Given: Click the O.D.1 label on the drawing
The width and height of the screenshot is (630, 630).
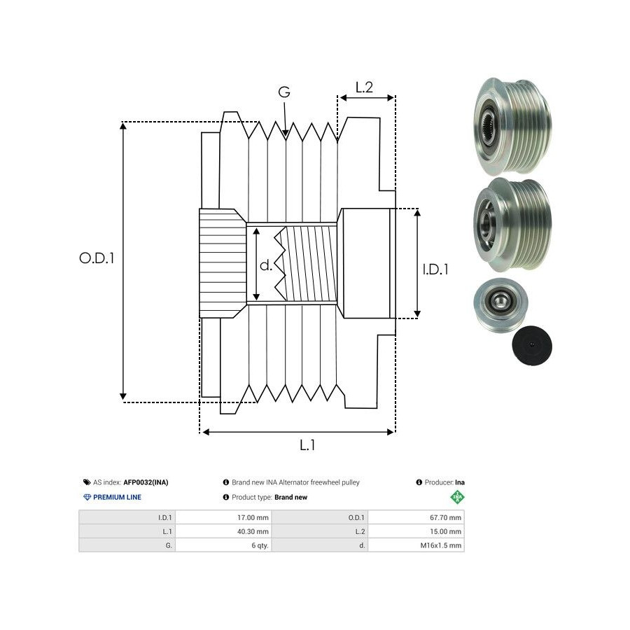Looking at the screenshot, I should pyautogui.click(x=97, y=258).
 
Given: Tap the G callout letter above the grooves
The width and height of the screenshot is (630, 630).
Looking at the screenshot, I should pyautogui.click(x=284, y=92).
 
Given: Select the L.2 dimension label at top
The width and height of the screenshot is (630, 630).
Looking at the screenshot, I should pyautogui.click(x=364, y=88).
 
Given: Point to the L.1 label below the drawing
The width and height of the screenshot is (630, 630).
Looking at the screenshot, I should pyautogui.click(x=307, y=444).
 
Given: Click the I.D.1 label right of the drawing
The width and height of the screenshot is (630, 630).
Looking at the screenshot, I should pyautogui.click(x=435, y=269).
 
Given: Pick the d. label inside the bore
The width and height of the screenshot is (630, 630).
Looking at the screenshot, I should pyautogui.click(x=266, y=265).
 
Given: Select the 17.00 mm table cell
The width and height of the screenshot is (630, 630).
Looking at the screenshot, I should pyautogui.click(x=253, y=518).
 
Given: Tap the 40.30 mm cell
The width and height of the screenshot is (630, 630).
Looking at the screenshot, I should pyautogui.click(x=253, y=531).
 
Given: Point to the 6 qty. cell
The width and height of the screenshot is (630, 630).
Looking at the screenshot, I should pyautogui.click(x=260, y=545).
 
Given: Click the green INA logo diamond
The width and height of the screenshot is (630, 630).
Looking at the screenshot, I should pyautogui.click(x=458, y=498).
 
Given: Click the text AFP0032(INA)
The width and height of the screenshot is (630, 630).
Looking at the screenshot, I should pyautogui.click(x=146, y=482).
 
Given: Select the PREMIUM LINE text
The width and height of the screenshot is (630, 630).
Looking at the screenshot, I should pyautogui.click(x=117, y=497).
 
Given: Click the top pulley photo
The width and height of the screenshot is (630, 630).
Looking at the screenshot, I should pyautogui.click(x=512, y=126).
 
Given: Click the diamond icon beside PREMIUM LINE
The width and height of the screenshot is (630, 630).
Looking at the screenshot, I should pyautogui.click(x=87, y=497).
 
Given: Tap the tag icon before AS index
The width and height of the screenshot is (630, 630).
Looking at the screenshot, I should pyautogui.click(x=87, y=482).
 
